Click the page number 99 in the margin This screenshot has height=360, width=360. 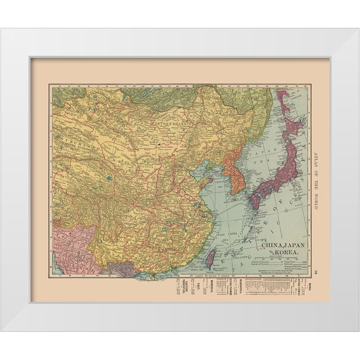pos(316,272)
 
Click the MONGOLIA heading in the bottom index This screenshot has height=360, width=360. pos(212,287)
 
